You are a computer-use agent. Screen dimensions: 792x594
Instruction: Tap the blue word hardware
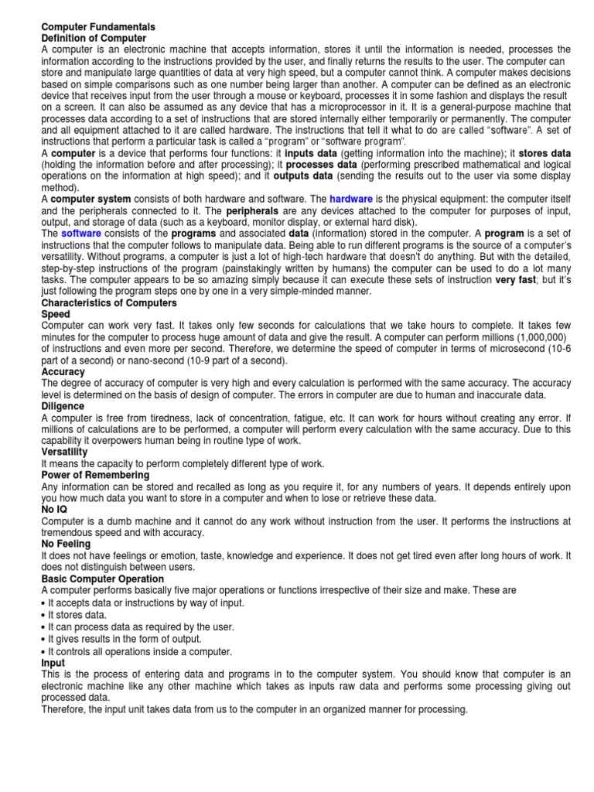(353, 199)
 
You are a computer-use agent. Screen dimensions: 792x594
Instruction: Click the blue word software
(81, 233)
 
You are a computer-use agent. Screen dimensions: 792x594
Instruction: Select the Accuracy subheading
(63, 372)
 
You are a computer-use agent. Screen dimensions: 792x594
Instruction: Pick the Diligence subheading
(64, 406)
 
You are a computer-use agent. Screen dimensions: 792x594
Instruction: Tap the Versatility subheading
(64, 452)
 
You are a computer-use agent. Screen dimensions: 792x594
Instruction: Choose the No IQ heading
(54, 510)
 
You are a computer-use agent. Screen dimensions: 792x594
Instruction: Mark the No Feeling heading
(67, 544)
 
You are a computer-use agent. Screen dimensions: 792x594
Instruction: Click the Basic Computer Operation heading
(102, 579)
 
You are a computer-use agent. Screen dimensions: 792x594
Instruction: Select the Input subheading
(53, 664)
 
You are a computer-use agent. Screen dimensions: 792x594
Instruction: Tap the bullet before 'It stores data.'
(43, 615)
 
